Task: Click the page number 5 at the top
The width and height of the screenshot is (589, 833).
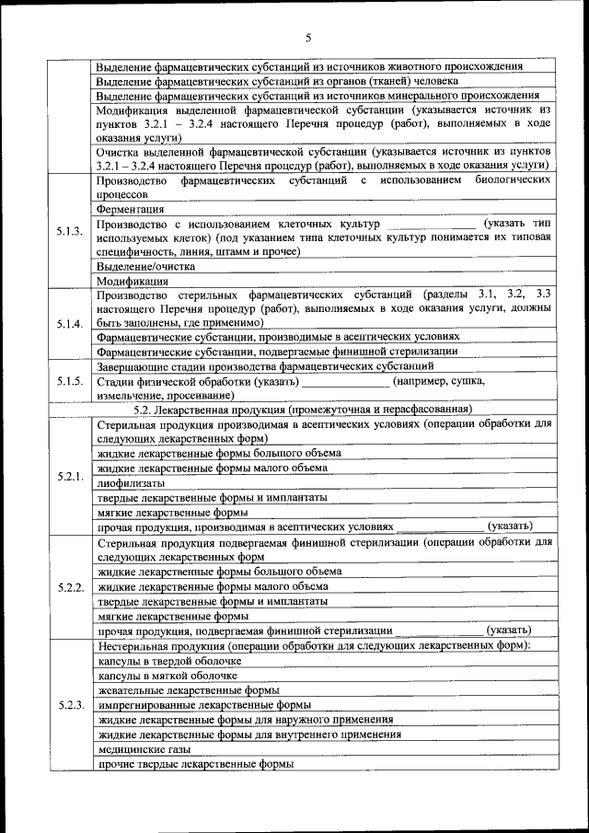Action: pyautogui.click(x=308, y=38)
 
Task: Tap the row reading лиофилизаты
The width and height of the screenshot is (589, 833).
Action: pyautogui.click(x=132, y=482)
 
